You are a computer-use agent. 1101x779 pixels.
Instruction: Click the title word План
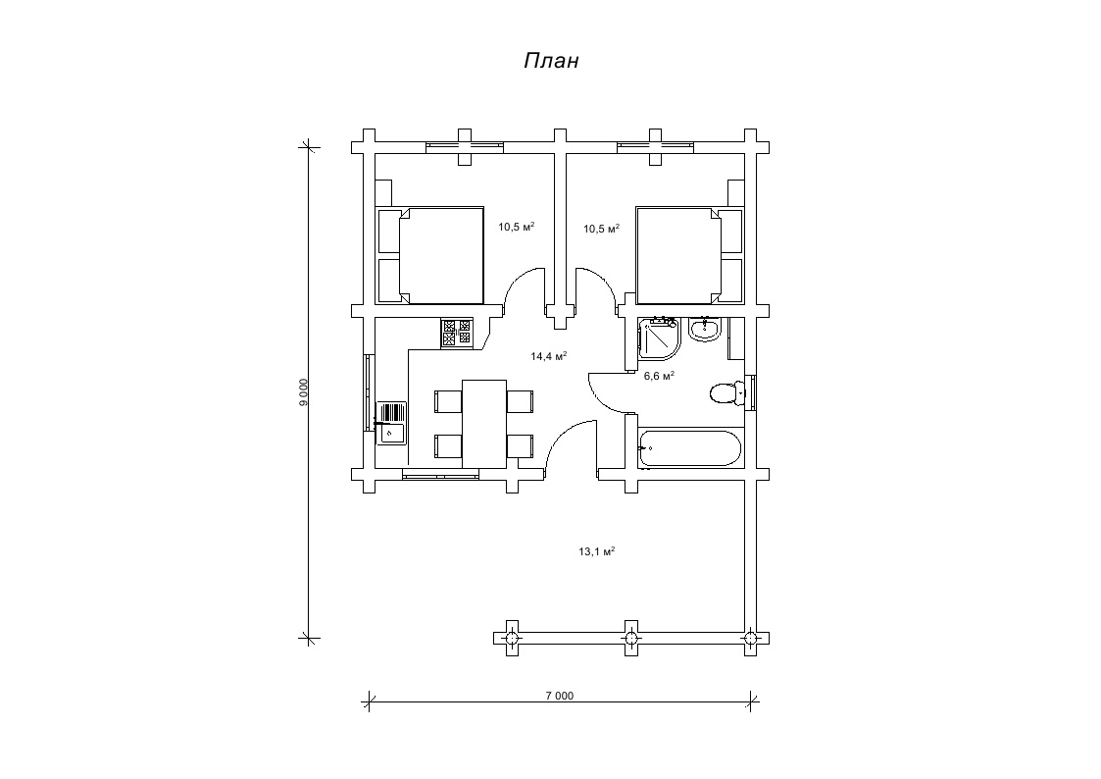tap(551, 61)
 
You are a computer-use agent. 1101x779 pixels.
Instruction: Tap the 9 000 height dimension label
tap(303, 392)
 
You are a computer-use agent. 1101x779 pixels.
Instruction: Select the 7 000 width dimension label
tap(560, 697)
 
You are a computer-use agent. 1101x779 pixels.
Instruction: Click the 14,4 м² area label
tap(548, 356)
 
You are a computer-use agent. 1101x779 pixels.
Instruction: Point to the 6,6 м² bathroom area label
tap(660, 376)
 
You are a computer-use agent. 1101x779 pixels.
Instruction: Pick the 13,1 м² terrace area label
tap(597, 551)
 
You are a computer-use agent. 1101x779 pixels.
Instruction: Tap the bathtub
tap(689, 448)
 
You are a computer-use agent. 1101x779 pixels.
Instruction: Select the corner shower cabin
tap(659, 338)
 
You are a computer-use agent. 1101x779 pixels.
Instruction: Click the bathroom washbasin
tap(704, 329)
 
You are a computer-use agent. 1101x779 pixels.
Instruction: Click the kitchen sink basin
tap(391, 434)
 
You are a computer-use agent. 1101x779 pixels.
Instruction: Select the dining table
tap(484, 424)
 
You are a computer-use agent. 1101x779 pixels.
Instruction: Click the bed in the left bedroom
tap(430, 255)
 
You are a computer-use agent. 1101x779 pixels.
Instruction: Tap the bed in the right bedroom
tap(689, 255)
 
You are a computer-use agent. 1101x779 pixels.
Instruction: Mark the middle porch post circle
tap(631, 638)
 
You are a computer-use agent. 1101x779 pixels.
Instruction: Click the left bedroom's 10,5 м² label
tap(517, 227)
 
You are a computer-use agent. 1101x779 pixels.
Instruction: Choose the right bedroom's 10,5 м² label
tap(602, 229)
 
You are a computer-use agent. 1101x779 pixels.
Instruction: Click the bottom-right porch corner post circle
tap(751, 638)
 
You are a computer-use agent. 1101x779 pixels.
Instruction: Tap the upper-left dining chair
tap(449, 401)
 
